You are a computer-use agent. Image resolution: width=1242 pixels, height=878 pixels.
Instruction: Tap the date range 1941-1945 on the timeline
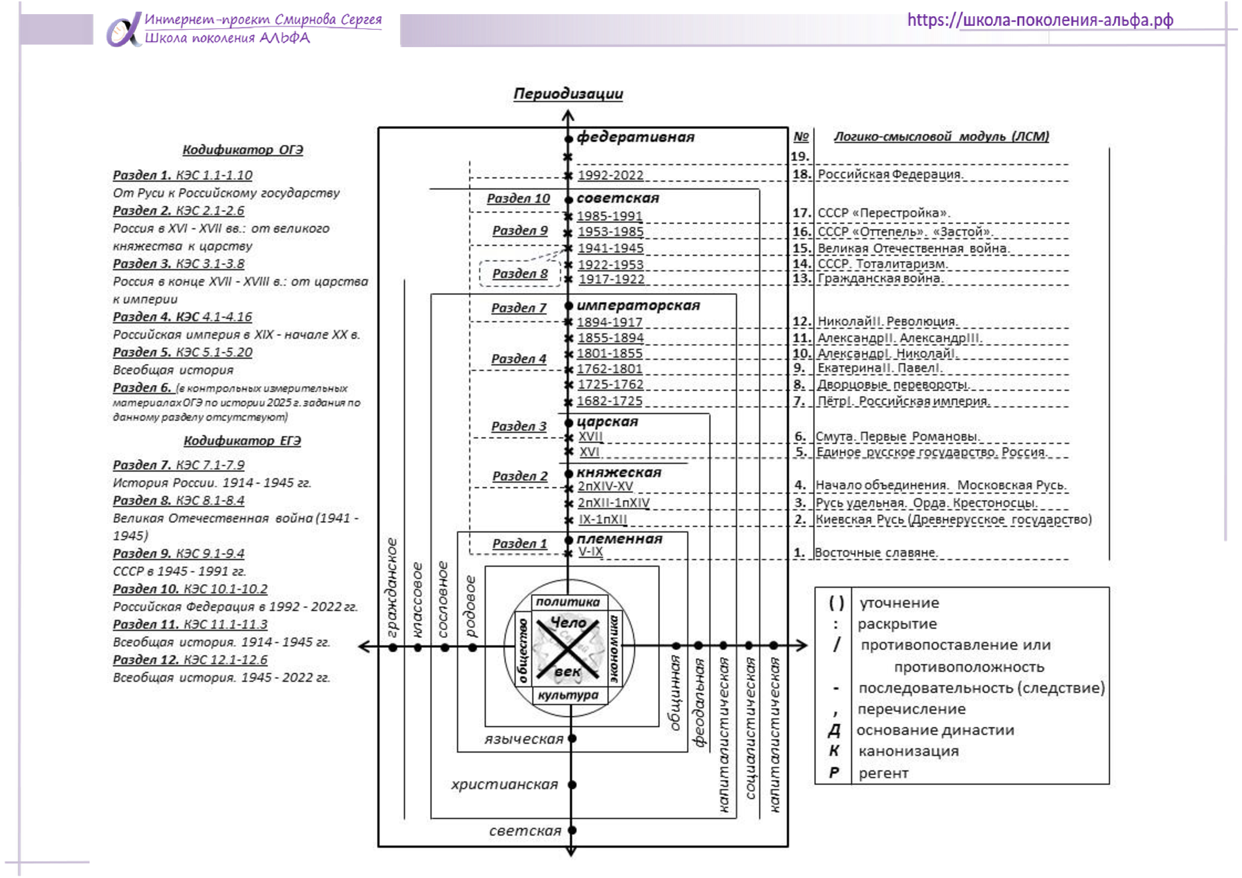point(610,248)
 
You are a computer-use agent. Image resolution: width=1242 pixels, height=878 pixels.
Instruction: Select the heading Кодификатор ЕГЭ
point(242,441)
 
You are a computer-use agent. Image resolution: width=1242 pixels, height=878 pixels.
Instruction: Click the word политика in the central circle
point(568,602)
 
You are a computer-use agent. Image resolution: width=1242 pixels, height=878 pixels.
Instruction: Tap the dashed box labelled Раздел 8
point(520,274)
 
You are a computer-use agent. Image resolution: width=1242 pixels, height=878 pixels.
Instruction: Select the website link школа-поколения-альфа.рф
point(1040,20)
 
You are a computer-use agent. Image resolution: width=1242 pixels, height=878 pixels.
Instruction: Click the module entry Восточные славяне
point(876,552)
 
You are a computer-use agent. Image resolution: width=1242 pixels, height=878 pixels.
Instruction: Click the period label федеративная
point(635,137)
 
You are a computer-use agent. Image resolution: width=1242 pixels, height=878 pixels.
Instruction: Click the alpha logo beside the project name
point(123,31)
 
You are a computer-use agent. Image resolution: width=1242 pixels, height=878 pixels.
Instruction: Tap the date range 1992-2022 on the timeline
point(610,175)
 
